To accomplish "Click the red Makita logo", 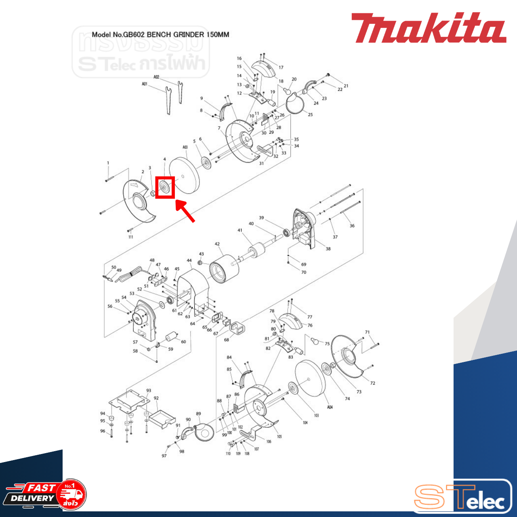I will click(x=428, y=28).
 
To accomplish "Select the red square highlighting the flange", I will click(x=165, y=187).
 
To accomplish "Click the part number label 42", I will click(x=217, y=244).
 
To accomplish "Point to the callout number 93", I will click(x=149, y=391).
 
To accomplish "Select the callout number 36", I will click(x=352, y=226).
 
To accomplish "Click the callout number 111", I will click(x=130, y=237).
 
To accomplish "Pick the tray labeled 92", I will click(x=162, y=418).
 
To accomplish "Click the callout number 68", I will click(x=227, y=340).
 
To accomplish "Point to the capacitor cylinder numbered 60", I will click(x=172, y=338).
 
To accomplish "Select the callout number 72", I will click(x=372, y=383).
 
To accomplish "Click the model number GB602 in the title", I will click(x=135, y=35).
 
